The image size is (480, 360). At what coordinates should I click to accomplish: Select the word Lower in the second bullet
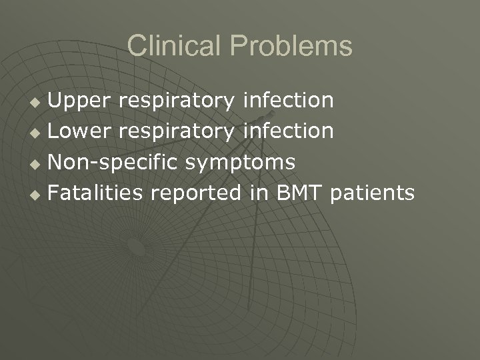coord(80,131)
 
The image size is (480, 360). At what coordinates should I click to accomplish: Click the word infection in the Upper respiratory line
coord(289,100)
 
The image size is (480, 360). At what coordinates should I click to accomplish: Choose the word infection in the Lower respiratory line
coord(289,131)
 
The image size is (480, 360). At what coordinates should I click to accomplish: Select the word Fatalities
coord(97,193)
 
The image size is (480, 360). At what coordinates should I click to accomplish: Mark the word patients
coord(372,193)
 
